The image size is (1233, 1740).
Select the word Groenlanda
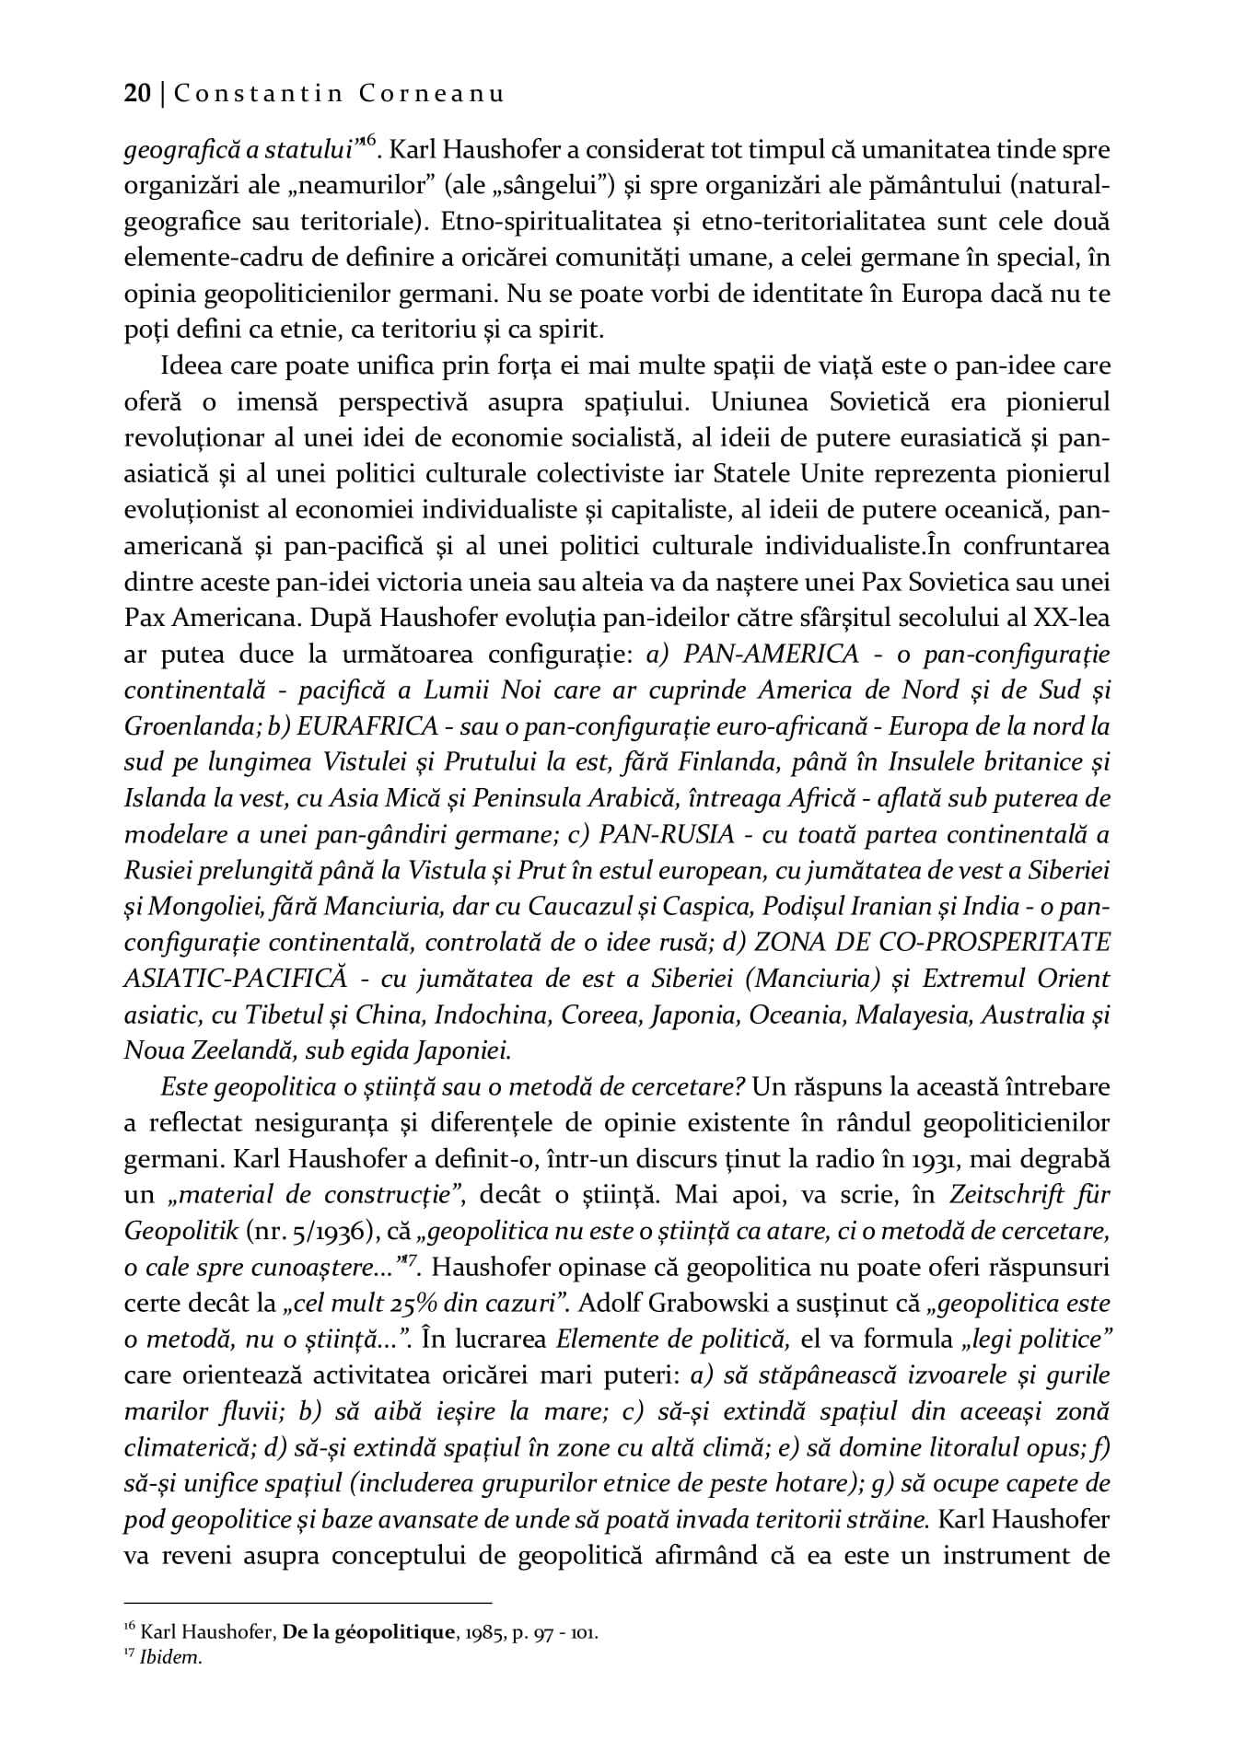coord(190,726)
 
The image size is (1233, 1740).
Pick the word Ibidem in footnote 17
coord(169,1658)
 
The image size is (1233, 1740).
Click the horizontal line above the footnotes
coord(308,1603)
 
